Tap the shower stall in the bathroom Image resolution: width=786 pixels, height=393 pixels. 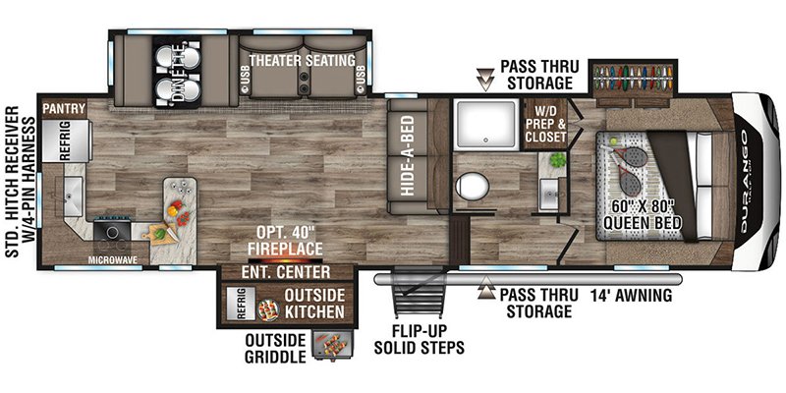485,124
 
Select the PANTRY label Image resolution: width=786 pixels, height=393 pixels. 64,108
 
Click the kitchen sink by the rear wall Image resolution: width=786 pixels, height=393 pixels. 73,196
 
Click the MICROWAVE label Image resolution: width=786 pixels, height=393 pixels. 112,259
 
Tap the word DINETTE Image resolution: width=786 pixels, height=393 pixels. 178,73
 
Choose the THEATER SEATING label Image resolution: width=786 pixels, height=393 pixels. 303,61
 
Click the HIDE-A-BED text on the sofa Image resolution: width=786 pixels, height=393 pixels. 407,155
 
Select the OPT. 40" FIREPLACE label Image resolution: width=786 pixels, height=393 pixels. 289,241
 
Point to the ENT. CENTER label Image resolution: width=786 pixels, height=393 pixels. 286,272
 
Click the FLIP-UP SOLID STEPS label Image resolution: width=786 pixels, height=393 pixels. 419,338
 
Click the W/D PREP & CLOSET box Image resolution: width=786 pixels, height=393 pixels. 546,124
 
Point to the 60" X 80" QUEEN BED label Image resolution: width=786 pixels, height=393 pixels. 643,214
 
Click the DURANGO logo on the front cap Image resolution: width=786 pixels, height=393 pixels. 745,182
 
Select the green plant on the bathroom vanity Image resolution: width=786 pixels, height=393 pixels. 557,160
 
